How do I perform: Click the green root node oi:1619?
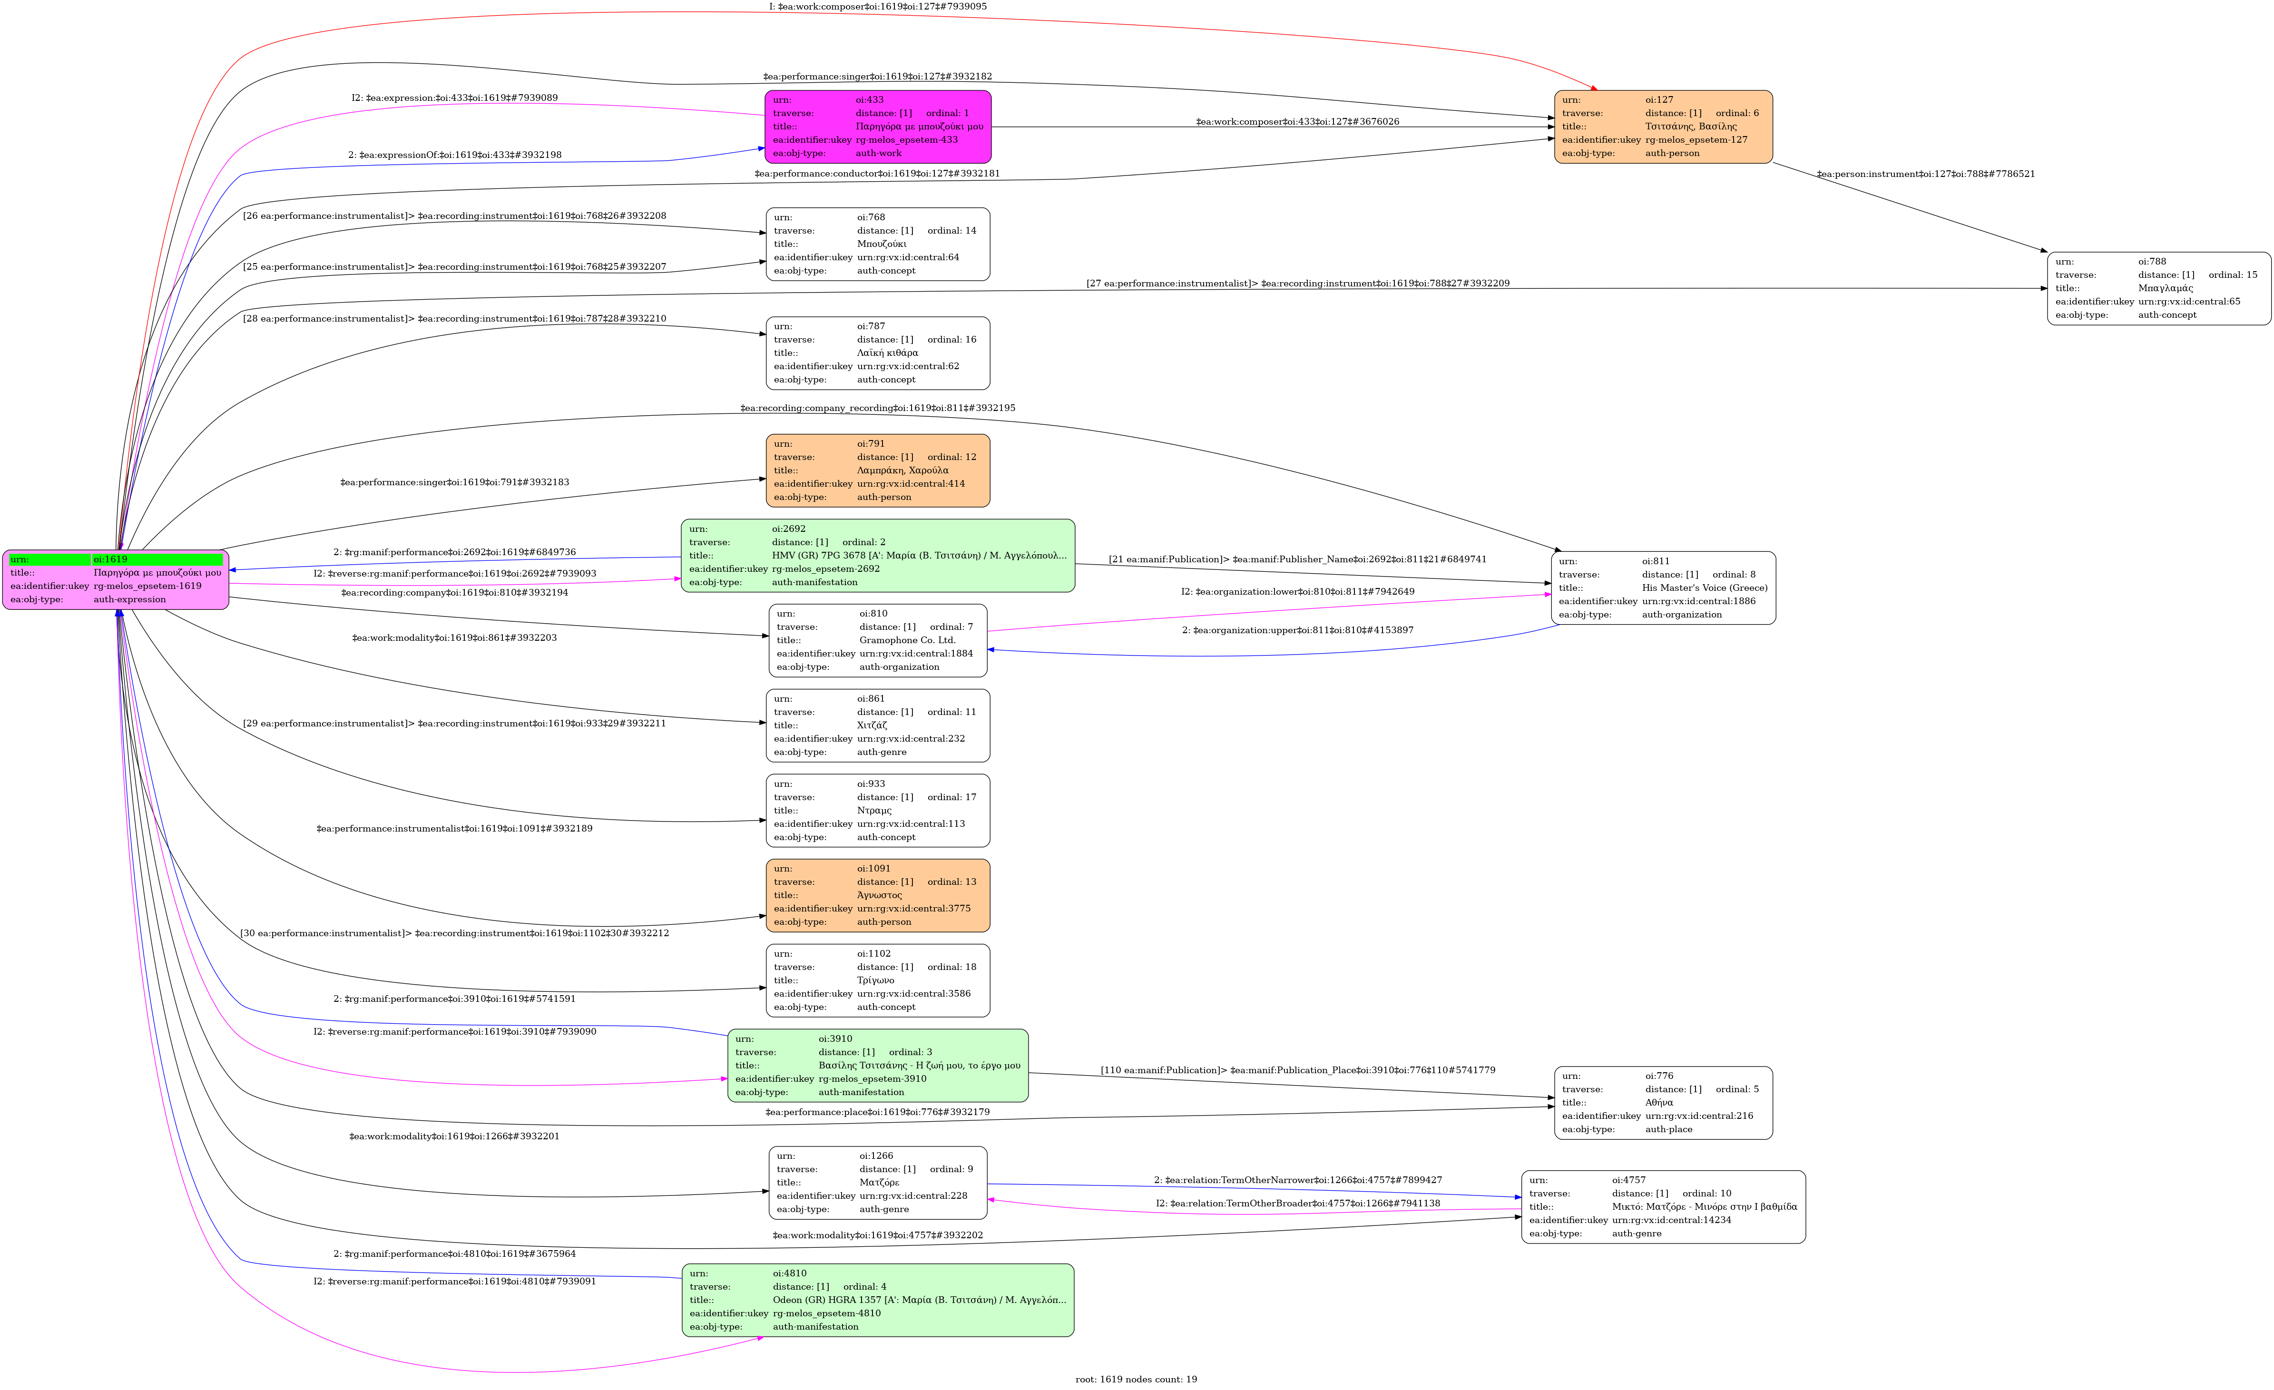(115, 579)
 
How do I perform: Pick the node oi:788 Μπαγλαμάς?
(2159, 288)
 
